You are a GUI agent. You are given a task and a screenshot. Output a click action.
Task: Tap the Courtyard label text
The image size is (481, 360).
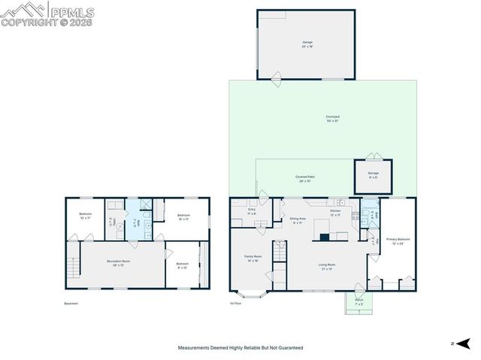tap(332, 119)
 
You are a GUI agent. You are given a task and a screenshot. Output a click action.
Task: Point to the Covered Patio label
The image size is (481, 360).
tap(304, 179)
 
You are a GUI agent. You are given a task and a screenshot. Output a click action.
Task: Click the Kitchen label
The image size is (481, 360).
tap(335, 213)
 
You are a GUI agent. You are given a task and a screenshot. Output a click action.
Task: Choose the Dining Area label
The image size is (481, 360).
tap(296, 220)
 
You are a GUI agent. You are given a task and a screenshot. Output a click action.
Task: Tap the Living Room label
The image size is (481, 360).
tap(326, 267)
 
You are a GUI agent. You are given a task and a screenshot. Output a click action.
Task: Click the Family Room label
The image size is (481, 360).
tap(253, 259)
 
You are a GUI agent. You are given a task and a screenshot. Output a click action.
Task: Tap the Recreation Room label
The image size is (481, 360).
tap(122, 263)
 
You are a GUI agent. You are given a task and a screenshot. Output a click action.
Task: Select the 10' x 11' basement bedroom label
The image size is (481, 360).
tap(85, 216)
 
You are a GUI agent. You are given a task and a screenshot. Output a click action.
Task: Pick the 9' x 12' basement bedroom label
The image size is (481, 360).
tap(183, 265)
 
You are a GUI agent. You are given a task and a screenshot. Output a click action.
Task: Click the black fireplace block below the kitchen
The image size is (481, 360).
tap(324, 237)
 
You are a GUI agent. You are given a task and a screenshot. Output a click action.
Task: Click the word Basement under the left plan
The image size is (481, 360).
tap(71, 304)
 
